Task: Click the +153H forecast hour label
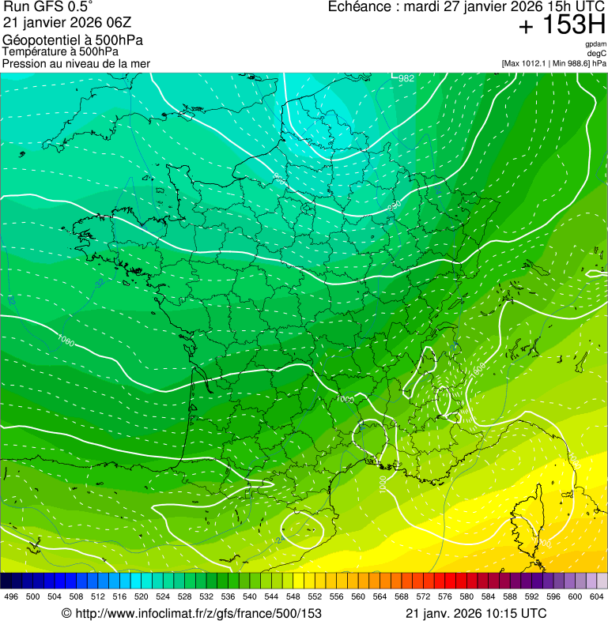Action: point(561,25)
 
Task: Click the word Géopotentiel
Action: point(40,40)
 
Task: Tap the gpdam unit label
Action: point(595,44)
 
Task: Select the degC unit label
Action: point(597,53)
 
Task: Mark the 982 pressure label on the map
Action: point(406,78)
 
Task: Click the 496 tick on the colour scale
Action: point(11,597)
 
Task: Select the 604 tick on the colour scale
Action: point(596,597)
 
